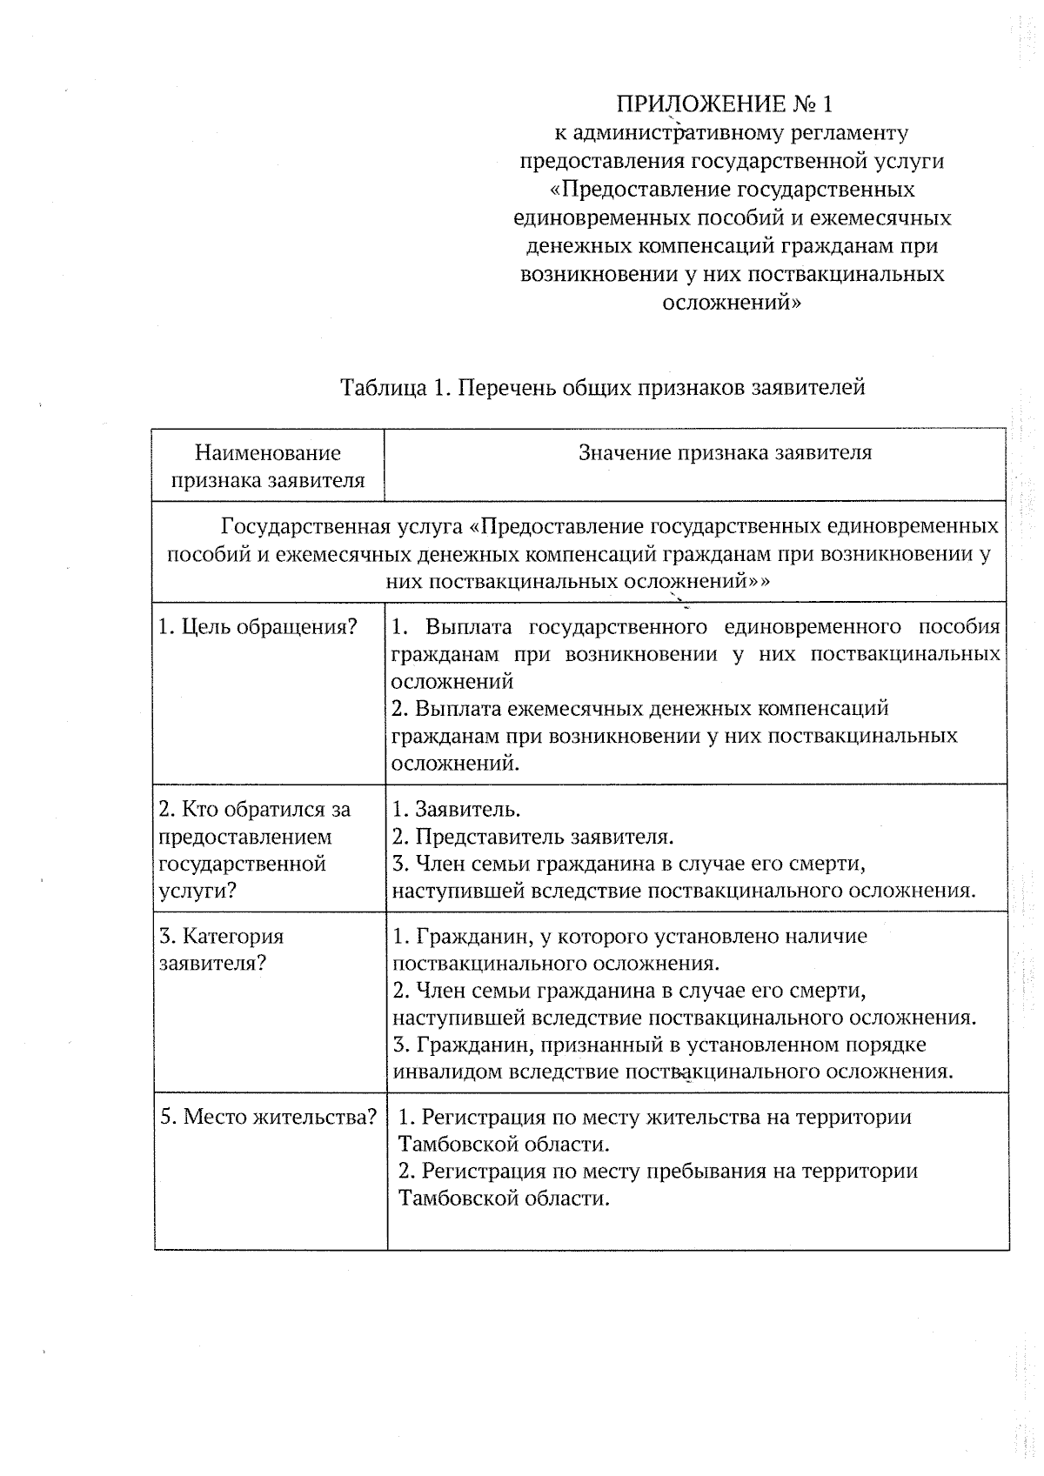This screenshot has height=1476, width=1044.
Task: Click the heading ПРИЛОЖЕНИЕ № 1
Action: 724,104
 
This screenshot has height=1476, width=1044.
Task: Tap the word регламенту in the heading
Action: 849,133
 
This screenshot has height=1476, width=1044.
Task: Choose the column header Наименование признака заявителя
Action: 268,466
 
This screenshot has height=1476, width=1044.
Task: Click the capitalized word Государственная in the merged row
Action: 295,526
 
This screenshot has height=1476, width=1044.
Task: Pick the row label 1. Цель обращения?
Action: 258,627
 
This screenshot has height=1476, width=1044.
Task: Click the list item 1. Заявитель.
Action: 456,810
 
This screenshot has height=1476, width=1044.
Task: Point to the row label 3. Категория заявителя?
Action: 222,950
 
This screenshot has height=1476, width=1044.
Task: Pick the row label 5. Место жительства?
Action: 268,1117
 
